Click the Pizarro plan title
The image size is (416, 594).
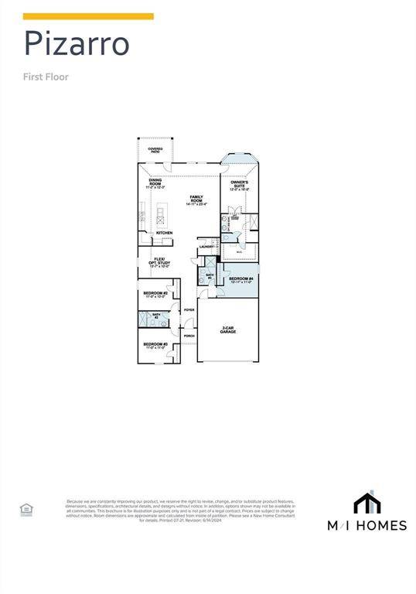(x=77, y=44)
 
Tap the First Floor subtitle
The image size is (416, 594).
(x=46, y=77)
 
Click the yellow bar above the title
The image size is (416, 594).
(x=88, y=16)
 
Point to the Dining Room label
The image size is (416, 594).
(x=155, y=184)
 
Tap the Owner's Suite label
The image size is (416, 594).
(x=240, y=186)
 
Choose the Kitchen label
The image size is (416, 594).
(x=165, y=233)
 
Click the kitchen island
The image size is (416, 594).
(x=162, y=213)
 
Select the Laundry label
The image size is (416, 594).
(x=206, y=247)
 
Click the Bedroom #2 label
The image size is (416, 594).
(x=155, y=295)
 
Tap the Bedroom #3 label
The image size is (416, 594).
(x=155, y=345)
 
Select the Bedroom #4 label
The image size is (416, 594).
(x=240, y=280)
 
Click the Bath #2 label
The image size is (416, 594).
(x=155, y=316)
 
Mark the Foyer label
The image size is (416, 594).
(x=189, y=310)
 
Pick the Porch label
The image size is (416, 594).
(x=189, y=336)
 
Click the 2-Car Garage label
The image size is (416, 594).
(x=227, y=329)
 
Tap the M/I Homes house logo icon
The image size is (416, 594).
(x=367, y=504)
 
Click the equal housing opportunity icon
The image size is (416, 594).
(x=26, y=508)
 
